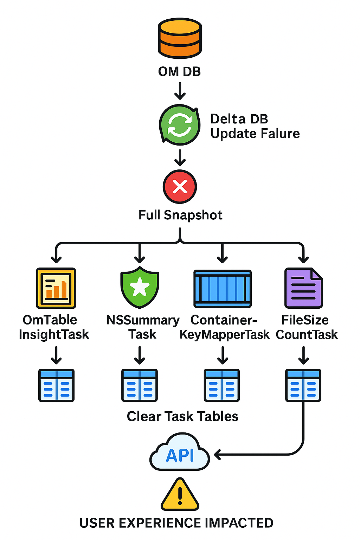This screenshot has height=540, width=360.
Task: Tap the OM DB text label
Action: (x=179, y=72)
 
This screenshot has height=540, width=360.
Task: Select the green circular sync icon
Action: (x=180, y=125)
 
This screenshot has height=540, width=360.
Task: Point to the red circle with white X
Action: (x=180, y=187)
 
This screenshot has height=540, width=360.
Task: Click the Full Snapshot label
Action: (x=180, y=215)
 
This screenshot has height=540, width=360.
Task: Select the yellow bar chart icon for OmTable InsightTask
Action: (x=56, y=288)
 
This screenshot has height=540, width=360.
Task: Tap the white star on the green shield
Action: (x=140, y=287)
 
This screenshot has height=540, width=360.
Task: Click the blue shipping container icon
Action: (x=222, y=289)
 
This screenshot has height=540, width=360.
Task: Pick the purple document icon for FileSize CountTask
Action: (x=303, y=288)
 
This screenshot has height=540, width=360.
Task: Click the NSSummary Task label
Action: (x=142, y=327)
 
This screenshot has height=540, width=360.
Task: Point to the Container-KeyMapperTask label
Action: (x=224, y=327)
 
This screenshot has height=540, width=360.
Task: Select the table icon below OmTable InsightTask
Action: (x=56, y=385)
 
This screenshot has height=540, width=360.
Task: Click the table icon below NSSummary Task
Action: (x=140, y=385)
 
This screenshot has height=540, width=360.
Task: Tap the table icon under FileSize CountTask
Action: (x=303, y=385)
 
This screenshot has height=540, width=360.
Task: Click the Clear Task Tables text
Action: (x=182, y=417)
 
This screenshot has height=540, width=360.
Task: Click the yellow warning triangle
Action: (x=180, y=495)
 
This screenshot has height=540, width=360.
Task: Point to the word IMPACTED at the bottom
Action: (x=239, y=523)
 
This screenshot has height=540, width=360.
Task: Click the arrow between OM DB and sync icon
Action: (x=180, y=91)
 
